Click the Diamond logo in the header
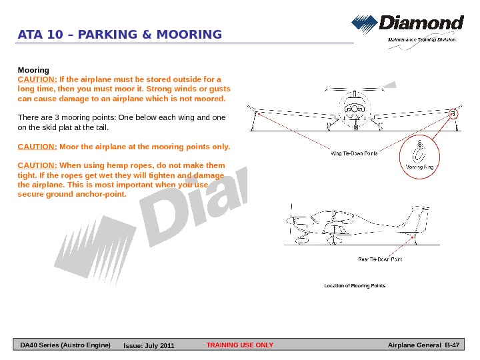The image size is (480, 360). point(407,25)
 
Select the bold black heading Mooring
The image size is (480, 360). point(33,69)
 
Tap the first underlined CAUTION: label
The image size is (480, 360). point(37,79)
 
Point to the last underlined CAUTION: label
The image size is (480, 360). point(37,165)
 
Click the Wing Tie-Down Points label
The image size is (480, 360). point(355,153)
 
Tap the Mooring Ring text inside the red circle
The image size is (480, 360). point(420,167)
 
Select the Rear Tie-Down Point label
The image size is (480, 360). point(380,259)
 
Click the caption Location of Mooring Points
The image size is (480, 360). point(355,286)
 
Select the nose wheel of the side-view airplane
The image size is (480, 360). point(296,238)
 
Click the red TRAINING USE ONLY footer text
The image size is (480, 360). point(240,345)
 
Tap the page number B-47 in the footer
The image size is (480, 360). point(453,345)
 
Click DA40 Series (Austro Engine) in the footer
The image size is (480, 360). point(65,345)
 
